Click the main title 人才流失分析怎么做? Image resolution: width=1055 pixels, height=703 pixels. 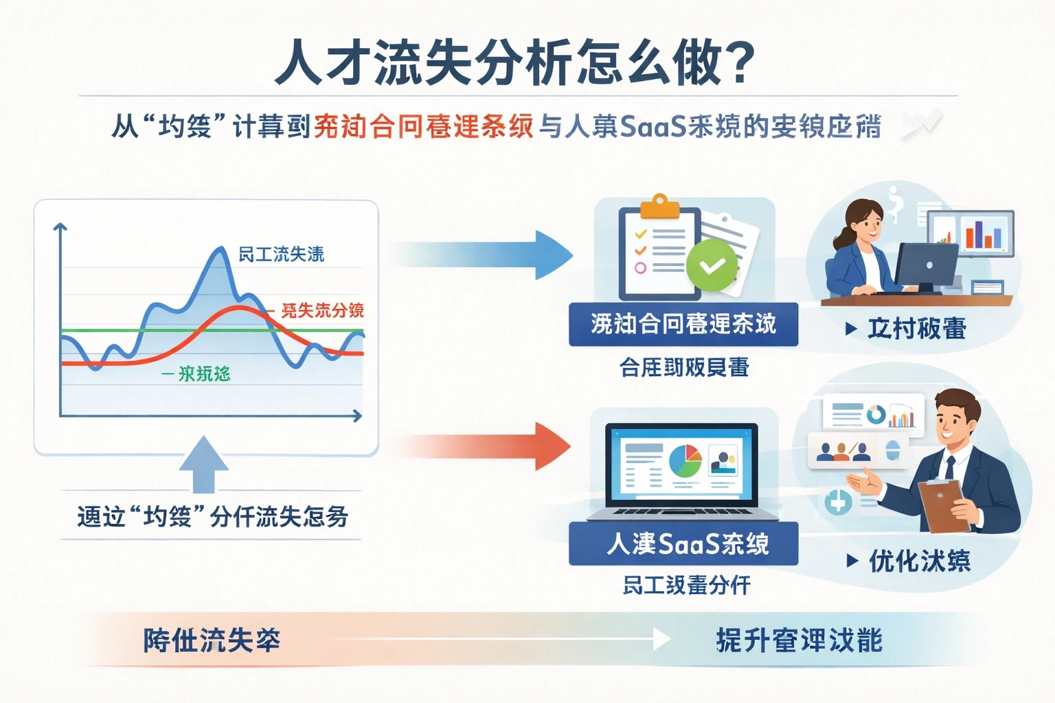tap(515, 63)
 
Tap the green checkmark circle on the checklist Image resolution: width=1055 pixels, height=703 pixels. tap(712, 266)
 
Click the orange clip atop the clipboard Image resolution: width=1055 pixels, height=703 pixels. tap(659, 207)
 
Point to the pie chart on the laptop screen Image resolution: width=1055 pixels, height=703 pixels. tap(685, 461)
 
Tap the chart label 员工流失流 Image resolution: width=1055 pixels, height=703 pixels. tap(281, 255)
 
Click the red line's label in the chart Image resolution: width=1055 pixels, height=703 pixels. tap(321, 311)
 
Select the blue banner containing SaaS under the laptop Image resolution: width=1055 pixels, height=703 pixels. tap(683, 544)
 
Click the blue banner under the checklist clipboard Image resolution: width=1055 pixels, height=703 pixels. tap(683, 324)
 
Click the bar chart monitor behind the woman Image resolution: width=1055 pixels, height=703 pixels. tap(971, 233)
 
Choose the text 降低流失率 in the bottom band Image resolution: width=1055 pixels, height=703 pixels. tap(212, 641)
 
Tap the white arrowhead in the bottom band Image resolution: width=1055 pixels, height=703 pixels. tap(661, 640)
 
